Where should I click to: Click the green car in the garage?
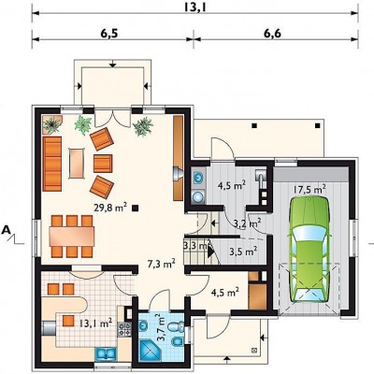pos(309,250)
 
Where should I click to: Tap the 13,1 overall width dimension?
pos(194,7)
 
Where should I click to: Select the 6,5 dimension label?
pos(109,33)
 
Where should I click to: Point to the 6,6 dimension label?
pos(272,33)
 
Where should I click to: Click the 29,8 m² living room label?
pos(110,208)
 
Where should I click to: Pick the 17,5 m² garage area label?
pos(309,190)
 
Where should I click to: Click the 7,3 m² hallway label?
pos(161,264)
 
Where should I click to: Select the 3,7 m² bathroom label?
pos(161,328)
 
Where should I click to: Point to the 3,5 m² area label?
pos(243,251)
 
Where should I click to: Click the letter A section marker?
pos(6,230)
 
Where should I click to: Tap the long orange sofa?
pos(52,164)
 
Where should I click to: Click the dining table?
pos(72,236)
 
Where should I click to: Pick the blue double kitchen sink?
pos(106,354)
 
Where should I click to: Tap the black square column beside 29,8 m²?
pos(135,208)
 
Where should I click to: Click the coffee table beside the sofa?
pos(77,164)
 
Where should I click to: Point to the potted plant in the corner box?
pos(52,124)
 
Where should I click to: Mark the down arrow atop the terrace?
pos(113,64)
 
